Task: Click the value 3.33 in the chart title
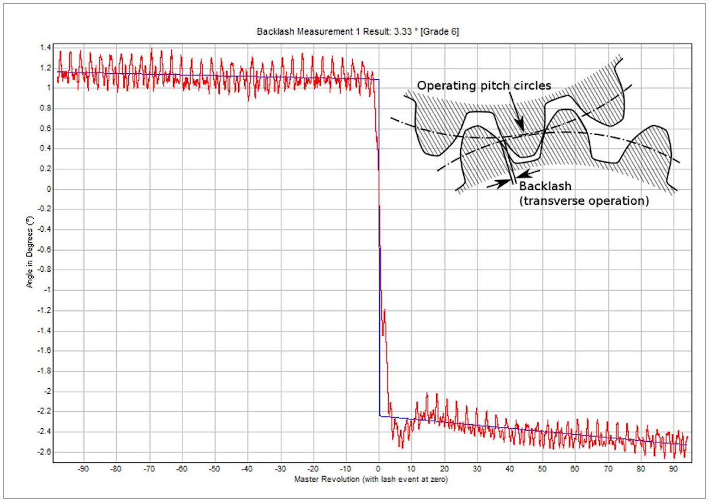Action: coord(400,32)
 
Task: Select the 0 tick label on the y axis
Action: coord(48,189)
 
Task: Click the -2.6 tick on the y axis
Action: coord(43,452)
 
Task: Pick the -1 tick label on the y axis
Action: coord(47,290)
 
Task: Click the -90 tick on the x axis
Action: coord(83,470)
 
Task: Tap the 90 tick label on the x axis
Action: coord(672,470)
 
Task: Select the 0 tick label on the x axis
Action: coord(379,470)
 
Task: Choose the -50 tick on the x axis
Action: coord(214,470)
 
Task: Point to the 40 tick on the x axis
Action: coord(510,470)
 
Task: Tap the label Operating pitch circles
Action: coord(484,85)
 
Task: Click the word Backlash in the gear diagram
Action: coord(545,186)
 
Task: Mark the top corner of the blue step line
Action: coord(379,80)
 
